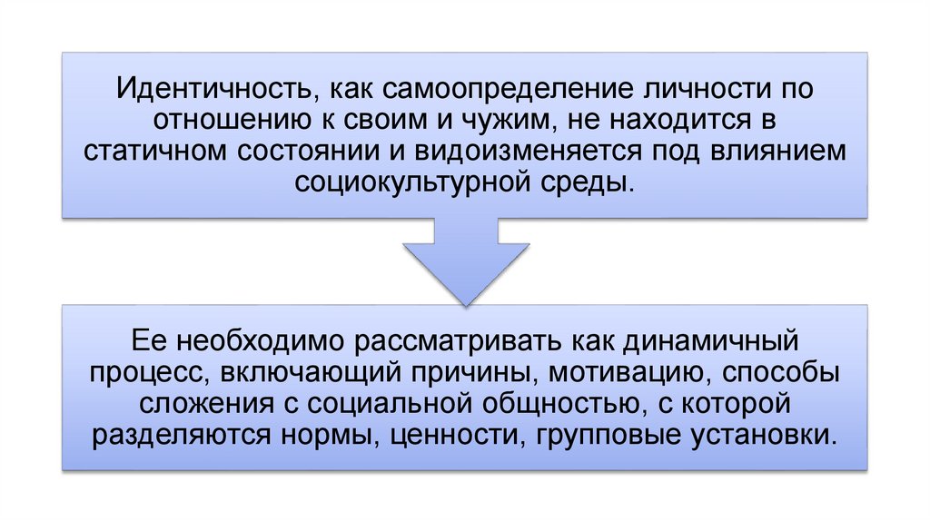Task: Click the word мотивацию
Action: (x=618, y=373)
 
